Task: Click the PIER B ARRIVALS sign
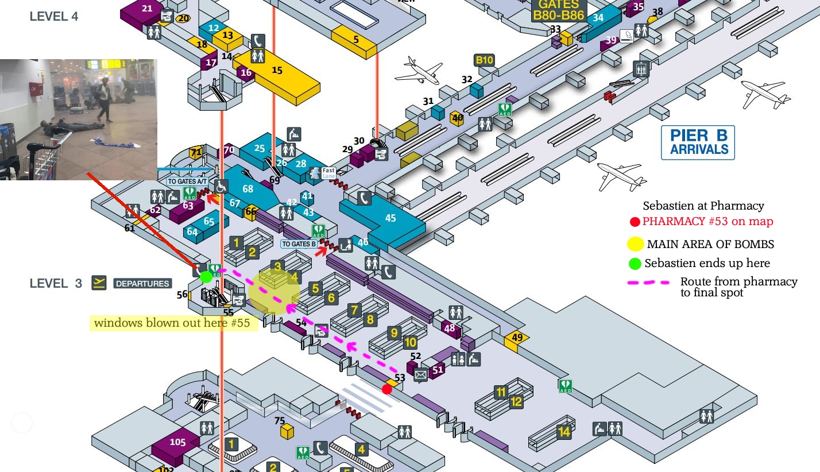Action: coord(698,143)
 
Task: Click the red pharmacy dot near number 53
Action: coord(387,389)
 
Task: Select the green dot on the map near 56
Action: coord(206,277)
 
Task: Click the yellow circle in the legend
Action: coord(635,244)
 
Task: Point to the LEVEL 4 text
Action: coord(54,17)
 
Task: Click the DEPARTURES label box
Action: coord(142,283)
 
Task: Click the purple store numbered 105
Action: coord(177,442)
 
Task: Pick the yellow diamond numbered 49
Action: coord(517,338)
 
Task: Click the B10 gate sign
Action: coord(484,60)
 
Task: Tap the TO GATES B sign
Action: coord(299,244)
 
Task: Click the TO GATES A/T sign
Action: coord(187,181)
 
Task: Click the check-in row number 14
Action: coord(564,432)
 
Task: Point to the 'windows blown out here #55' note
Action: coord(172,323)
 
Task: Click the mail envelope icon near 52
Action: coord(420,375)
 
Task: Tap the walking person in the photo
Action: coord(105,99)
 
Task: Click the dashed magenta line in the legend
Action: coord(649,283)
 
